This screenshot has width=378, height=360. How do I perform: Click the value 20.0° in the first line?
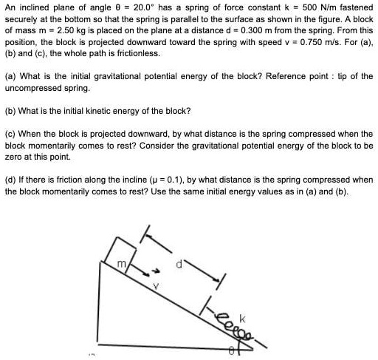[x=137, y=9]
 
